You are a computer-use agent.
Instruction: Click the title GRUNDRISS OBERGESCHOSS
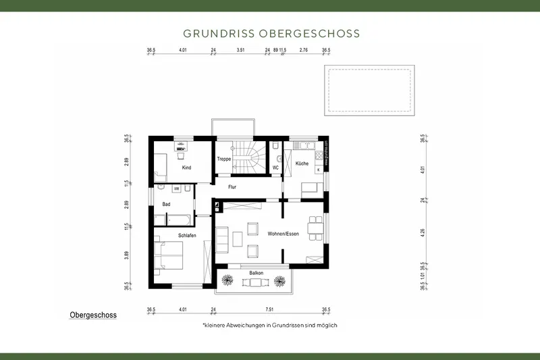[x=271, y=33]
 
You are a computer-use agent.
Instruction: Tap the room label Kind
[x=186, y=167]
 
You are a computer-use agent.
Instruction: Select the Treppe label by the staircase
[x=224, y=159]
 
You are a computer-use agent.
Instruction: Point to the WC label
[x=275, y=168]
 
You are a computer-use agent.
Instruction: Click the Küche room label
[x=302, y=163]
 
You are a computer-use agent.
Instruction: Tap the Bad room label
[x=166, y=203]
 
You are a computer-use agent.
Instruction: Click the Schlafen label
[x=187, y=234]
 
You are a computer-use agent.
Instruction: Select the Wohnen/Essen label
[x=282, y=234]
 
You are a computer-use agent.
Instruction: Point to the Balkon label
[x=256, y=273]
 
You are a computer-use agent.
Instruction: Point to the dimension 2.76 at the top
[x=303, y=50]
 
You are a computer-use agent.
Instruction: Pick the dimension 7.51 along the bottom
[x=269, y=309]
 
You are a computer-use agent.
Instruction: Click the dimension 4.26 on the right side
[x=423, y=232]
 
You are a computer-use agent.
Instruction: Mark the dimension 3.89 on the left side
[x=127, y=256]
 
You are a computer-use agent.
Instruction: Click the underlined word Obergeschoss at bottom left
[x=93, y=315]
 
